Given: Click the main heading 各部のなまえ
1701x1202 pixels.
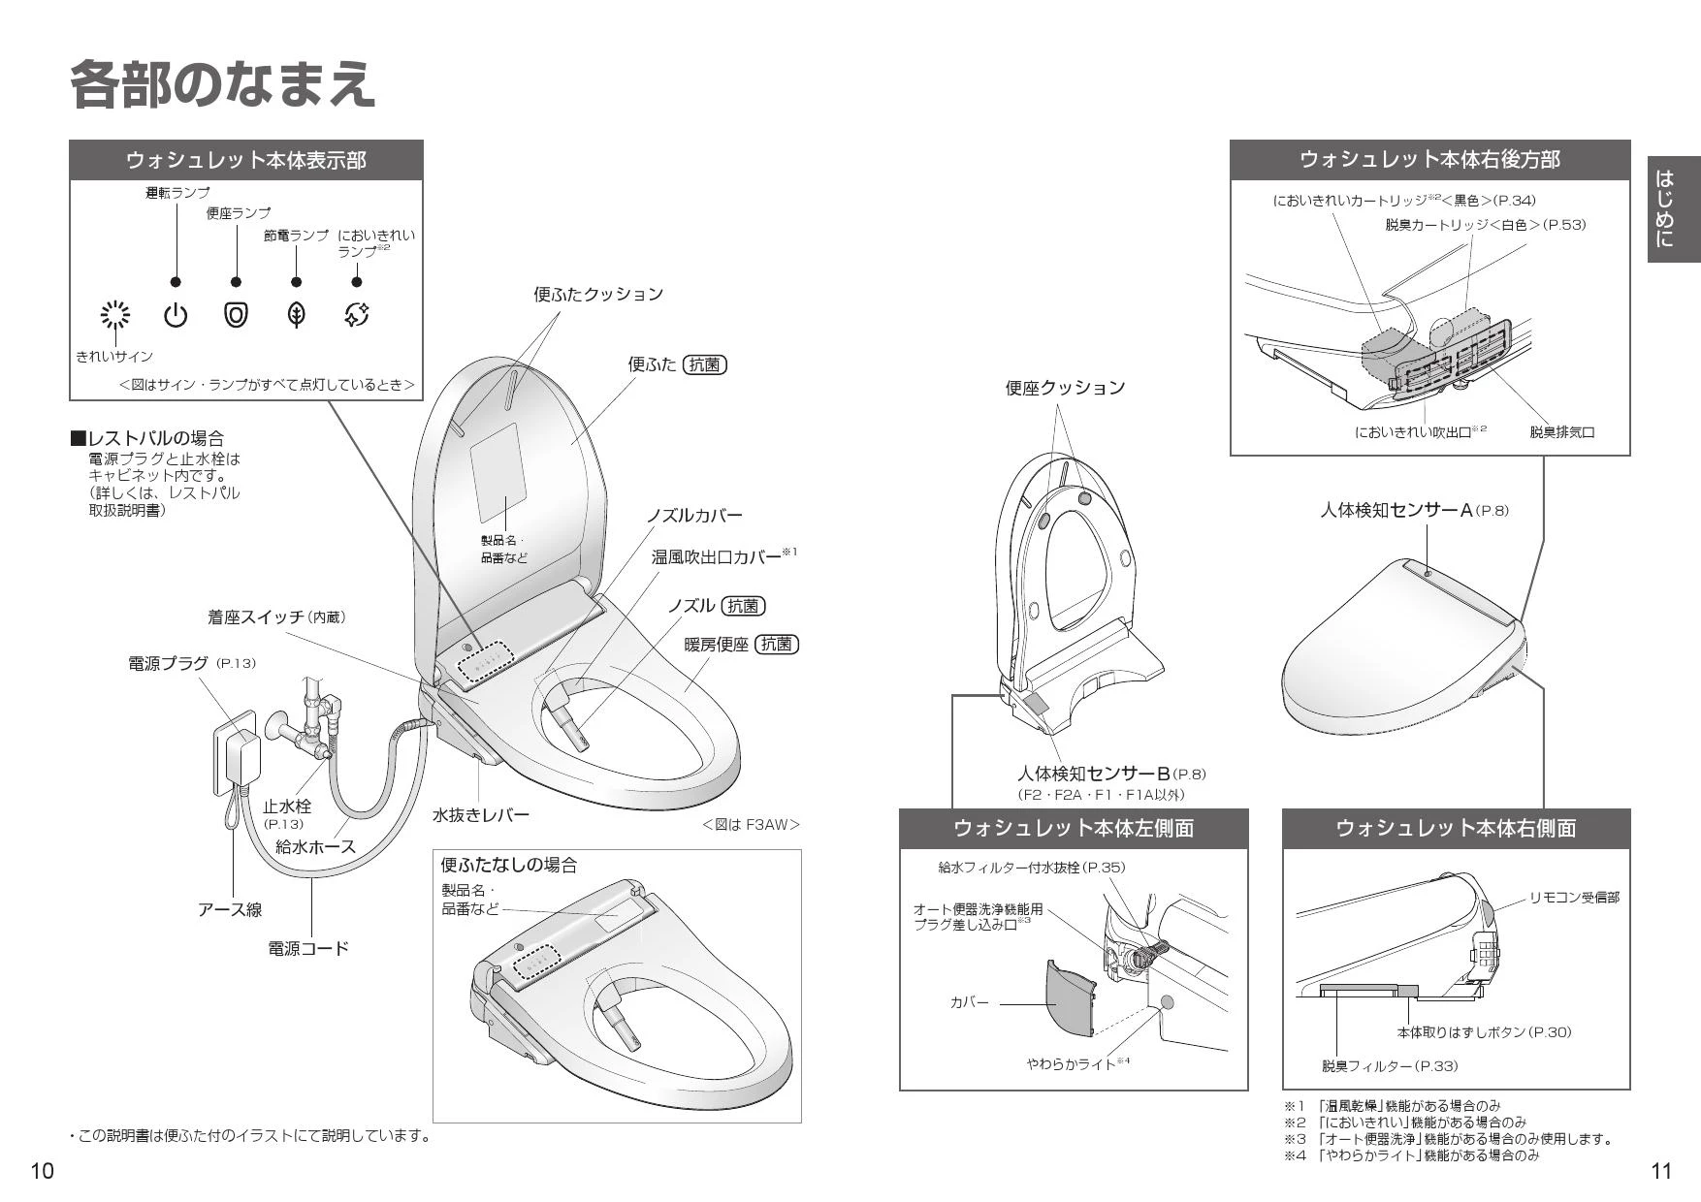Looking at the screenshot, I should (222, 84).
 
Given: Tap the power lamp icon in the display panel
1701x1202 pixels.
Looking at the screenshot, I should (176, 315).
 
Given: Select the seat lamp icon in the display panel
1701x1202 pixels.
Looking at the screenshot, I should (236, 315).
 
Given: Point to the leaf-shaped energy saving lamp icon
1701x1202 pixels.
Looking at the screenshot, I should (297, 315).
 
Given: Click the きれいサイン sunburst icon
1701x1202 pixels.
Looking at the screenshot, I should (115, 315).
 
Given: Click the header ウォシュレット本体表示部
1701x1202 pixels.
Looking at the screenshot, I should (246, 160).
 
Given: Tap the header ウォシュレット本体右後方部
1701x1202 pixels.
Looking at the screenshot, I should (1429, 160).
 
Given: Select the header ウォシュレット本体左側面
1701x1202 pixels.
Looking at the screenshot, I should (1074, 829).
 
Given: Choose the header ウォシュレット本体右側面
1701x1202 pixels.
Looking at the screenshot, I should (1456, 829).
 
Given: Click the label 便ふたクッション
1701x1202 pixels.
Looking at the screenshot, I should (598, 294).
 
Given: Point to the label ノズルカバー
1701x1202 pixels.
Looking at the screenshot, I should (694, 516).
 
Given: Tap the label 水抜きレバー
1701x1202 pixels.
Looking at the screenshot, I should (481, 815).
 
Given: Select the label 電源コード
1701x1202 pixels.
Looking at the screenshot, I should (307, 948).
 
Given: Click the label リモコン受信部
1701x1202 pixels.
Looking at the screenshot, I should (1574, 898).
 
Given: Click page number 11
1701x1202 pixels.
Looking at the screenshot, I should (1660, 1171).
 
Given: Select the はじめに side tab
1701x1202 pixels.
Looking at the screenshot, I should (1674, 208).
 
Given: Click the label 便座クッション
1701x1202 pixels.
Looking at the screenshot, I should (1064, 388).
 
